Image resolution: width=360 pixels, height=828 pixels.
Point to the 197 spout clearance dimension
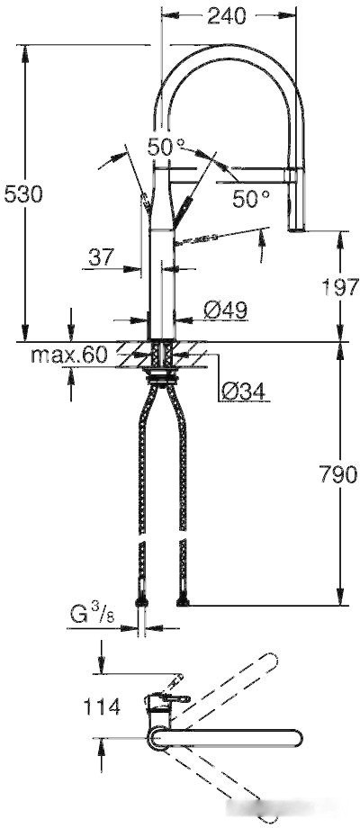(340, 288)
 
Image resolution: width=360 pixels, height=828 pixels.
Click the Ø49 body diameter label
(224, 309)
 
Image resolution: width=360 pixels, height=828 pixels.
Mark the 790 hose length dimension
(337, 474)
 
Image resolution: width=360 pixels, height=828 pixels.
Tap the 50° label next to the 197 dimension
(251, 198)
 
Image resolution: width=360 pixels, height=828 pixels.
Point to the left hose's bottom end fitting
(142, 600)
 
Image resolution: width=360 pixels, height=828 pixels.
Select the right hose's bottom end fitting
(184, 600)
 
